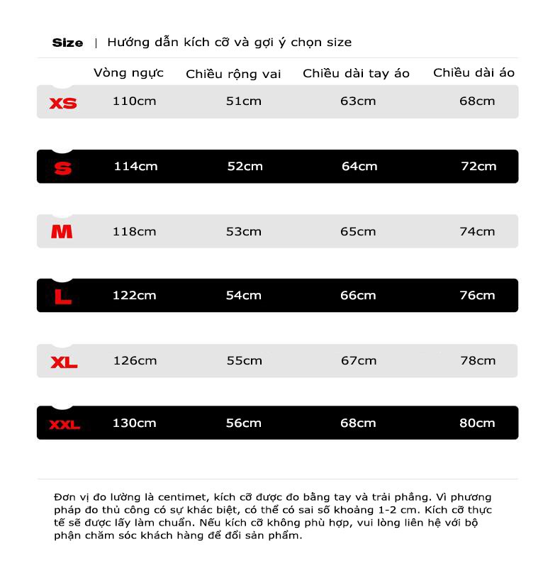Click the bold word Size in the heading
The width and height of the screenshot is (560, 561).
(67, 43)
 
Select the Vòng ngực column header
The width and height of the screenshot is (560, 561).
(128, 72)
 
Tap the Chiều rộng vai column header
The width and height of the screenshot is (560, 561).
(233, 74)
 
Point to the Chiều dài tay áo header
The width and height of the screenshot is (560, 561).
(356, 73)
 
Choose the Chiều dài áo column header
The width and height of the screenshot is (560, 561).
(474, 72)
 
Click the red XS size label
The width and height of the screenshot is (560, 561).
(63, 104)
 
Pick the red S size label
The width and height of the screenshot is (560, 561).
(63, 169)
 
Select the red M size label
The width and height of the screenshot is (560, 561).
(62, 232)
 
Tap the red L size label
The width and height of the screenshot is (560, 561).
(63, 297)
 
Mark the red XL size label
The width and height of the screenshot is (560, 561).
(64, 363)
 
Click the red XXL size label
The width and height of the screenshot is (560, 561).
(65, 425)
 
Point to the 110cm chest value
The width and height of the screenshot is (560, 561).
(134, 101)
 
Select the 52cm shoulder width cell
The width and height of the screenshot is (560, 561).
(245, 166)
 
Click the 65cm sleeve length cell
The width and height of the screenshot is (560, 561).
(358, 231)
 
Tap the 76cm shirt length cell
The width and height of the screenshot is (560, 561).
(477, 295)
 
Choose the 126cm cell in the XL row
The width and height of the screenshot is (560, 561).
(135, 360)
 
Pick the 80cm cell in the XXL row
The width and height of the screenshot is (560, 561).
(477, 423)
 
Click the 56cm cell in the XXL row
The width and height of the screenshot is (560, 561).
(243, 423)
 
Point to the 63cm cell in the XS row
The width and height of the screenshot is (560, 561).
(358, 101)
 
